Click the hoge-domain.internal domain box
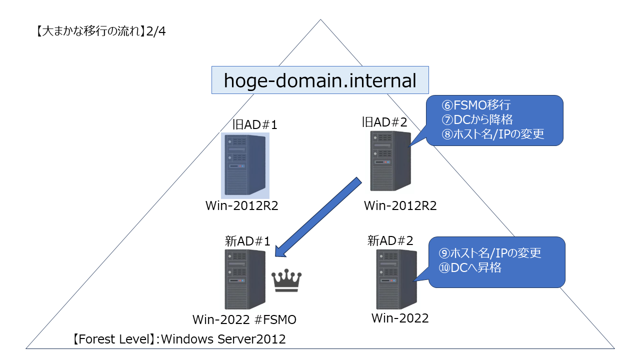point(320,80)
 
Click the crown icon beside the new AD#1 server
point(286,281)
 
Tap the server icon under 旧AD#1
point(245,165)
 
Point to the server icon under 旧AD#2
point(390,160)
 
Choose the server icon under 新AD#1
point(244,279)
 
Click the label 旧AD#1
point(255,124)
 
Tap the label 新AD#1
point(247,241)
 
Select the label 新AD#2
point(390,240)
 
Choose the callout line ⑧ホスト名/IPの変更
point(492,134)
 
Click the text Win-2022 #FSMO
point(245,319)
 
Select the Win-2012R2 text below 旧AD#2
point(400,205)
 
